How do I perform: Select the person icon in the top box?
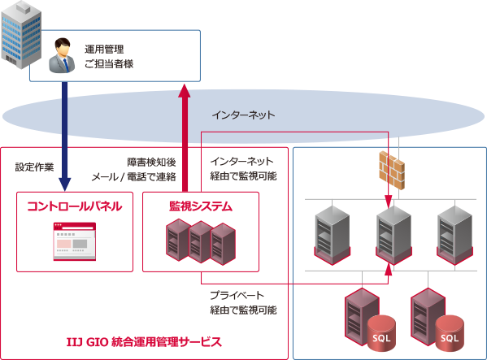pyautogui.click(x=62, y=56)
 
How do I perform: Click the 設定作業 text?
pyautogui.click(x=35, y=167)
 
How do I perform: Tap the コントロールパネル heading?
pyautogui.click(x=74, y=206)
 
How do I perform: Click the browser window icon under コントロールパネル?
pyautogui.click(x=74, y=241)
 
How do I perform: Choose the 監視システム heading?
pyautogui.click(x=200, y=206)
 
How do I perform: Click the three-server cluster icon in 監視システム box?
pyautogui.click(x=200, y=241)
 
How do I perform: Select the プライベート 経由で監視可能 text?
pyautogui.click(x=243, y=302)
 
